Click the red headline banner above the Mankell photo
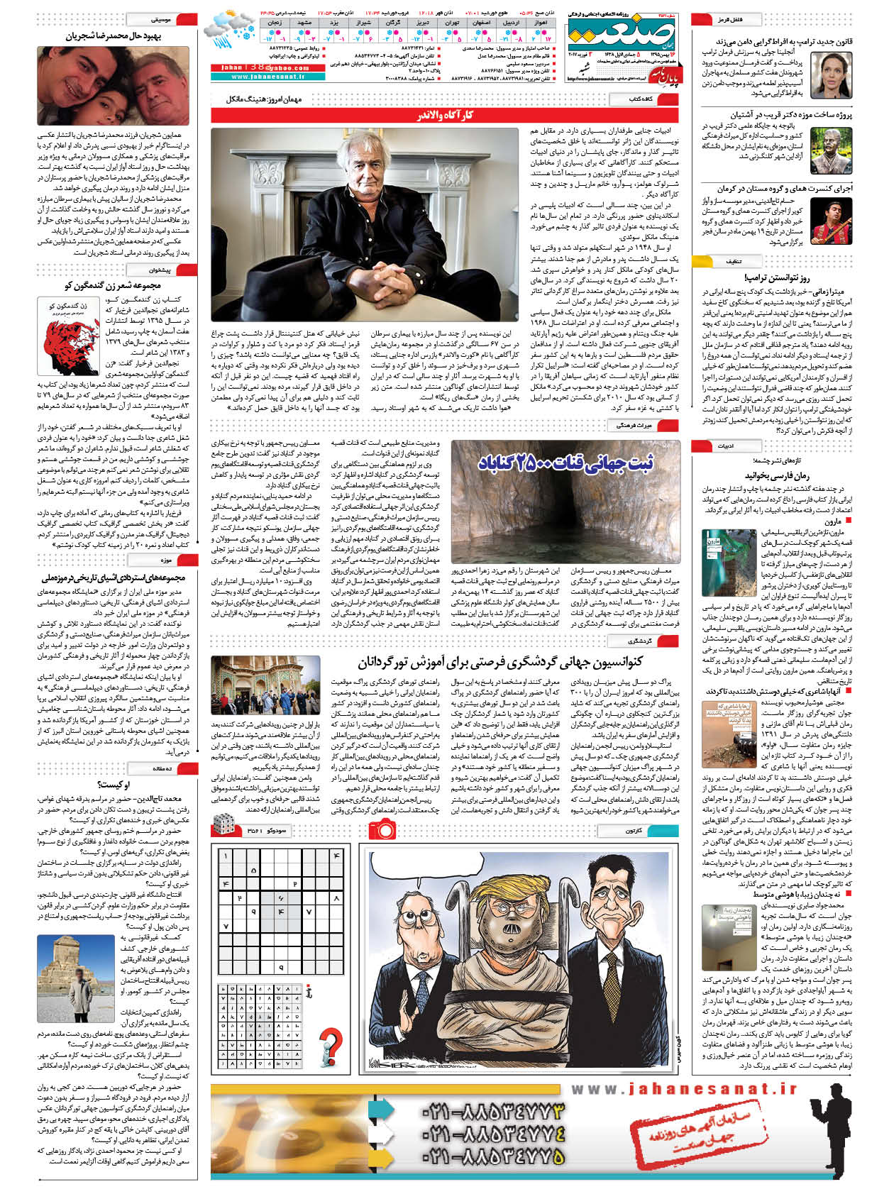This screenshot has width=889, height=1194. point(444,116)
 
